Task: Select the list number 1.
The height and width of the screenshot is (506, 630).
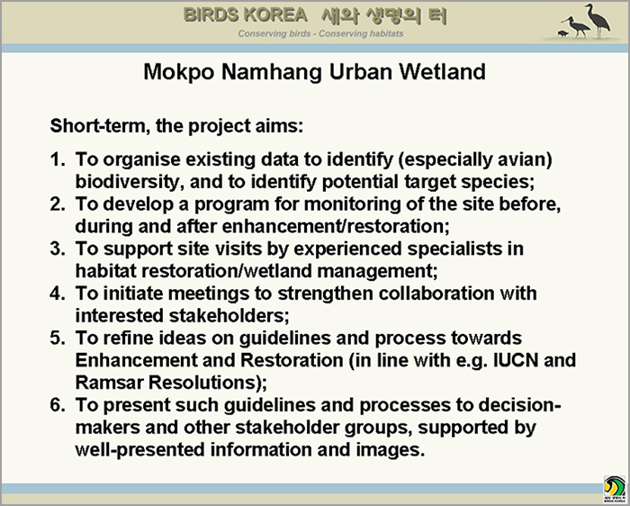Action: click(x=57, y=159)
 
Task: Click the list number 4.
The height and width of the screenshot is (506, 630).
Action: click(x=57, y=294)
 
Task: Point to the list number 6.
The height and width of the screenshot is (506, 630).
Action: click(x=57, y=405)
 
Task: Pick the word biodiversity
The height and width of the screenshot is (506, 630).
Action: click(x=130, y=182)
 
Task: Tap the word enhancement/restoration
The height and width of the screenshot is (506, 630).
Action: click(x=336, y=226)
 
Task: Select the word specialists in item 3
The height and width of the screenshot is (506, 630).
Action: click(x=454, y=249)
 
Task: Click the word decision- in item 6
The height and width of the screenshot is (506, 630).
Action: click(x=519, y=405)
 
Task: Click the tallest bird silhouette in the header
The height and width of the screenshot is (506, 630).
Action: click(x=598, y=21)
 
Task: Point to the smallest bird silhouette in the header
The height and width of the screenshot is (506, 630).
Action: click(x=562, y=33)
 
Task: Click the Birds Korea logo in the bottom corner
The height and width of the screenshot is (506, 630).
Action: click(x=615, y=489)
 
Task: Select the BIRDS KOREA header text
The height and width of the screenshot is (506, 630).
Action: click(x=245, y=15)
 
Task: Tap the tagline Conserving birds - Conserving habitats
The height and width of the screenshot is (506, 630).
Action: click(x=320, y=33)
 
